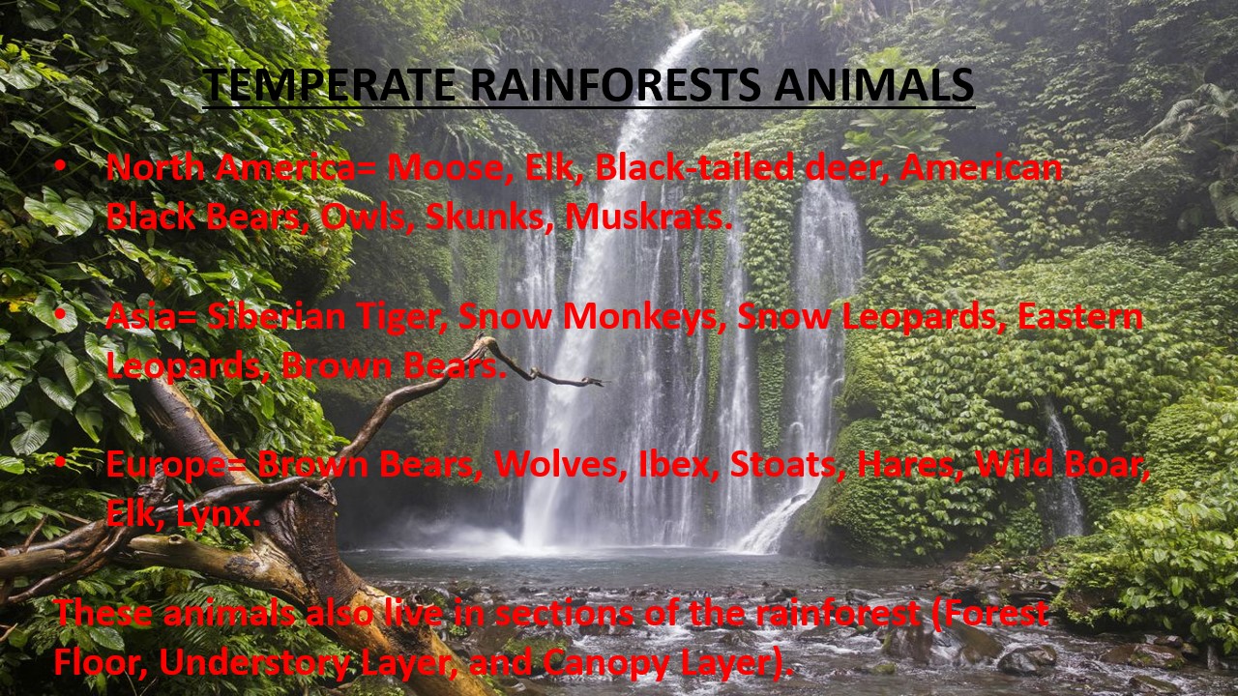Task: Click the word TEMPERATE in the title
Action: pyautogui.click(x=330, y=85)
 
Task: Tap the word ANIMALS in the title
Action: pyautogui.click(x=873, y=85)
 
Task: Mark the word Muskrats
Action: pyautogui.click(x=644, y=217)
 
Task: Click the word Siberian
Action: pyautogui.click(x=276, y=316)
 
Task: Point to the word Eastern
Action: pyautogui.click(x=1080, y=316)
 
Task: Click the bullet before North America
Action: pyautogui.click(x=61, y=165)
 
